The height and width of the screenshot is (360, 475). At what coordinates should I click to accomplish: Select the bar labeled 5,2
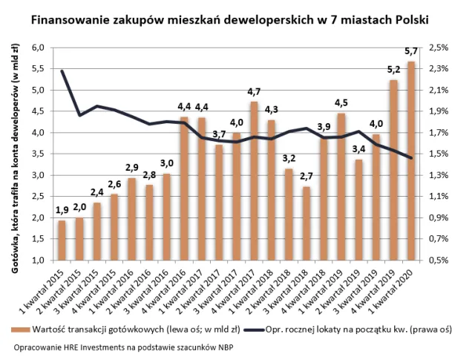pos(394,170)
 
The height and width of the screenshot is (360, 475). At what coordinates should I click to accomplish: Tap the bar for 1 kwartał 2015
pos(62,240)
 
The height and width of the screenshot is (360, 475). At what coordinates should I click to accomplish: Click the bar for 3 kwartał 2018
pos(306,223)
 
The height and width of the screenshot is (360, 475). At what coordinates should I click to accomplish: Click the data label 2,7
pos(306,177)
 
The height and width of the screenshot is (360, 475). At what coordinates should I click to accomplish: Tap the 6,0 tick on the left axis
pos(38,48)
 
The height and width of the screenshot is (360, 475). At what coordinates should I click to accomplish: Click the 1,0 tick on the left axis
pos(38,261)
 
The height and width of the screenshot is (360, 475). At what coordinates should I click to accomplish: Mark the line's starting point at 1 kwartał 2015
pos(62,71)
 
